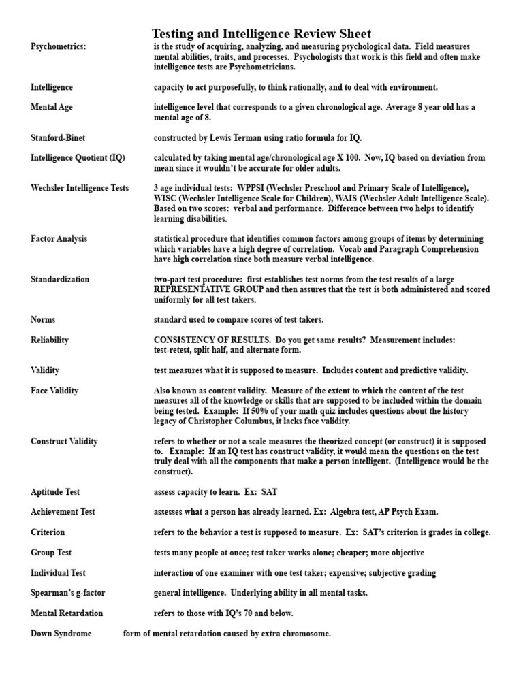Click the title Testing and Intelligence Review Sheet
261,34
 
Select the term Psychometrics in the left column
59,46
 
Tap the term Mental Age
52,108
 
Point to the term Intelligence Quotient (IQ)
78,158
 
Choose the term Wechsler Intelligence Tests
80,188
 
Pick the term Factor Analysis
59,239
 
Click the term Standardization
59,279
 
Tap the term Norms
43,319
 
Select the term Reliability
50,340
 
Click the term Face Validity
54,391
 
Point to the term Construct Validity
64,441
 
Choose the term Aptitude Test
56,491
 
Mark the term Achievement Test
63,512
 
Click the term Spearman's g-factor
68,593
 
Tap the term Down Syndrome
61,634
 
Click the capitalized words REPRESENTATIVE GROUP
208,289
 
